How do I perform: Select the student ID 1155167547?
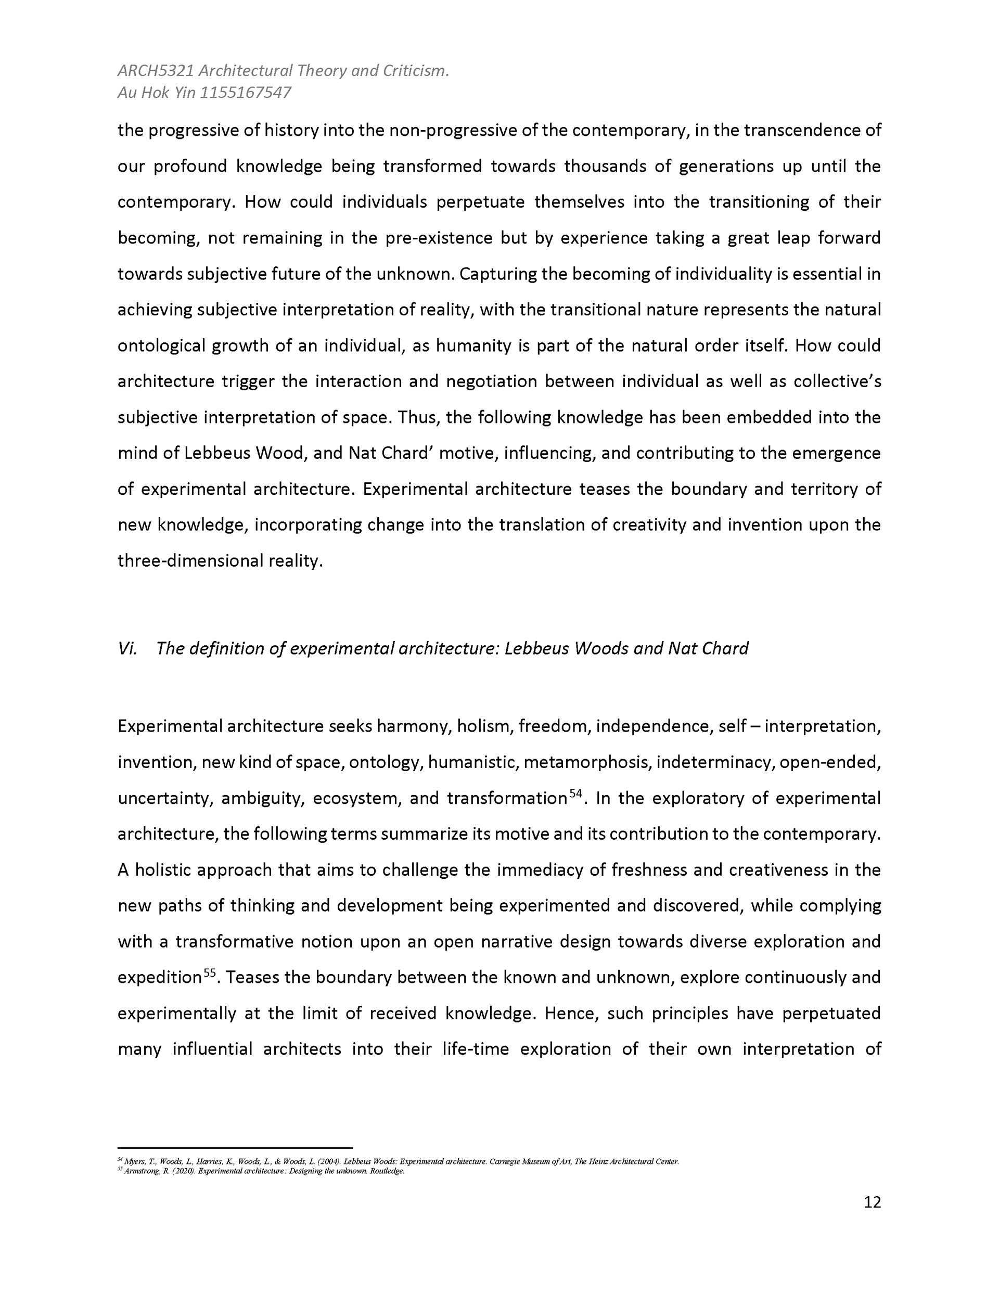[x=245, y=93]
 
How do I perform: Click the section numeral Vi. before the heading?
[x=127, y=649]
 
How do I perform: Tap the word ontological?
[x=160, y=345]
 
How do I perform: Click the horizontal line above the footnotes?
[x=235, y=1147]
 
